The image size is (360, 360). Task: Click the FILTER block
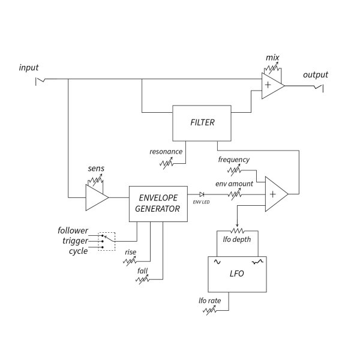[x=202, y=123]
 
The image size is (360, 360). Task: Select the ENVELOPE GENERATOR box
[x=158, y=203]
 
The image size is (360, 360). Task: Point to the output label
[x=315, y=75]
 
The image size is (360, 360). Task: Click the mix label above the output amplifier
[x=272, y=58]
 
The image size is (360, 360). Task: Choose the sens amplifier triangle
[x=95, y=197]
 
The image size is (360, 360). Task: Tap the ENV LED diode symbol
[x=201, y=194]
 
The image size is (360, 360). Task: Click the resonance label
[x=166, y=151]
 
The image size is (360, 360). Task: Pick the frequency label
[x=233, y=160]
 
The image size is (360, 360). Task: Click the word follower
[x=73, y=230]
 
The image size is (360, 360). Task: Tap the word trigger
[x=75, y=241]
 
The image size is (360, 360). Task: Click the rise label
[x=130, y=252]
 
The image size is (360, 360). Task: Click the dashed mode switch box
[x=107, y=241]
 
